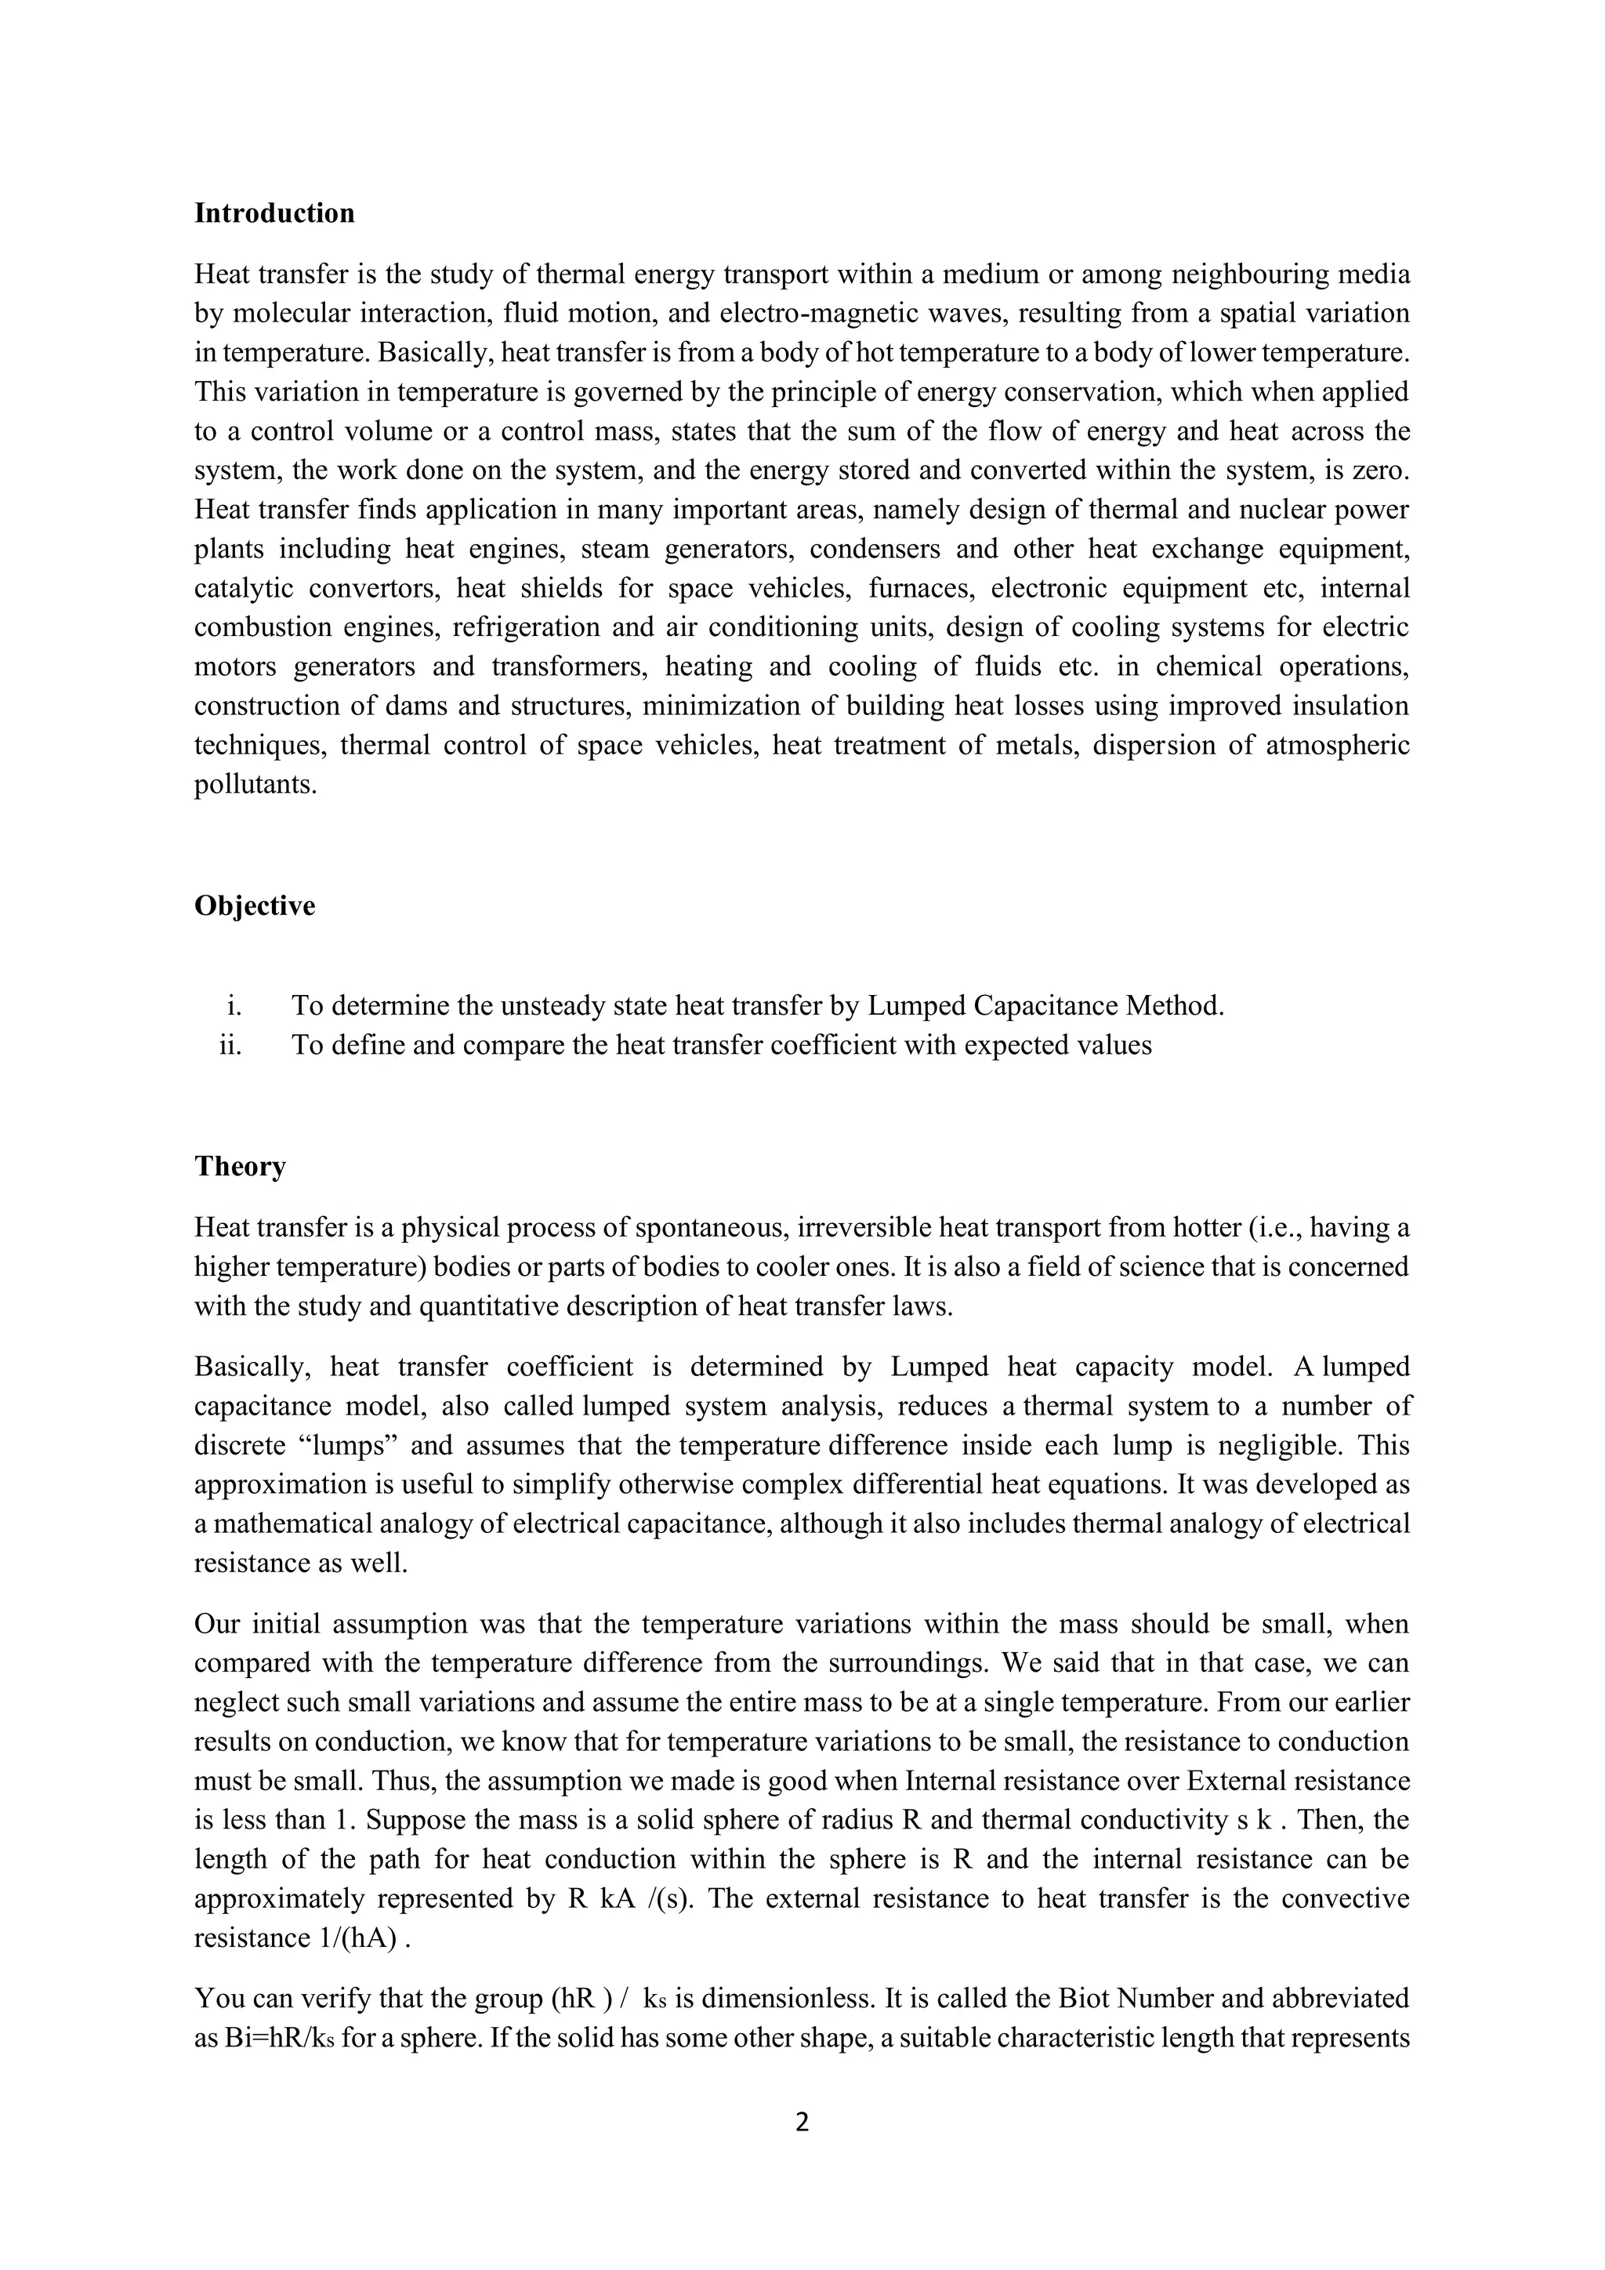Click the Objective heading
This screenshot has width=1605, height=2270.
(x=254, y=906)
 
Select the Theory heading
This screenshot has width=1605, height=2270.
(x=239, y=1167)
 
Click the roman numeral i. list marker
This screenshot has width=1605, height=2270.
(x=234, y=1007)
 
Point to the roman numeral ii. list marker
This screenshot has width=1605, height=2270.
(x=230, y=1045)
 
